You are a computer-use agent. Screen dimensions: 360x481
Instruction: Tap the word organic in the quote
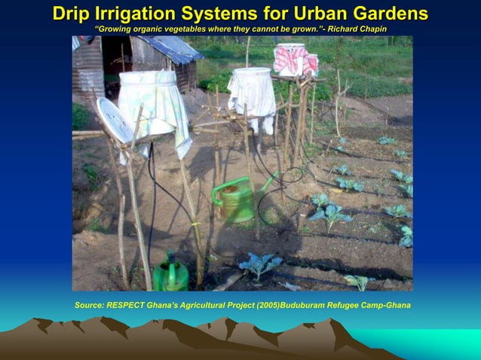pos(148,29)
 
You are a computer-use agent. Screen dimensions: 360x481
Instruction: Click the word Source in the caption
pos(89,305)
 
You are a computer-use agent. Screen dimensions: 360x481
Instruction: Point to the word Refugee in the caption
pos(347,305)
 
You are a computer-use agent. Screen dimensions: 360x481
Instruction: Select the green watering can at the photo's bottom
pos(170,276)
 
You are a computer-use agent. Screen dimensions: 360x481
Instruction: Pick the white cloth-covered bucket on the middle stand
pos(252,90)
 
